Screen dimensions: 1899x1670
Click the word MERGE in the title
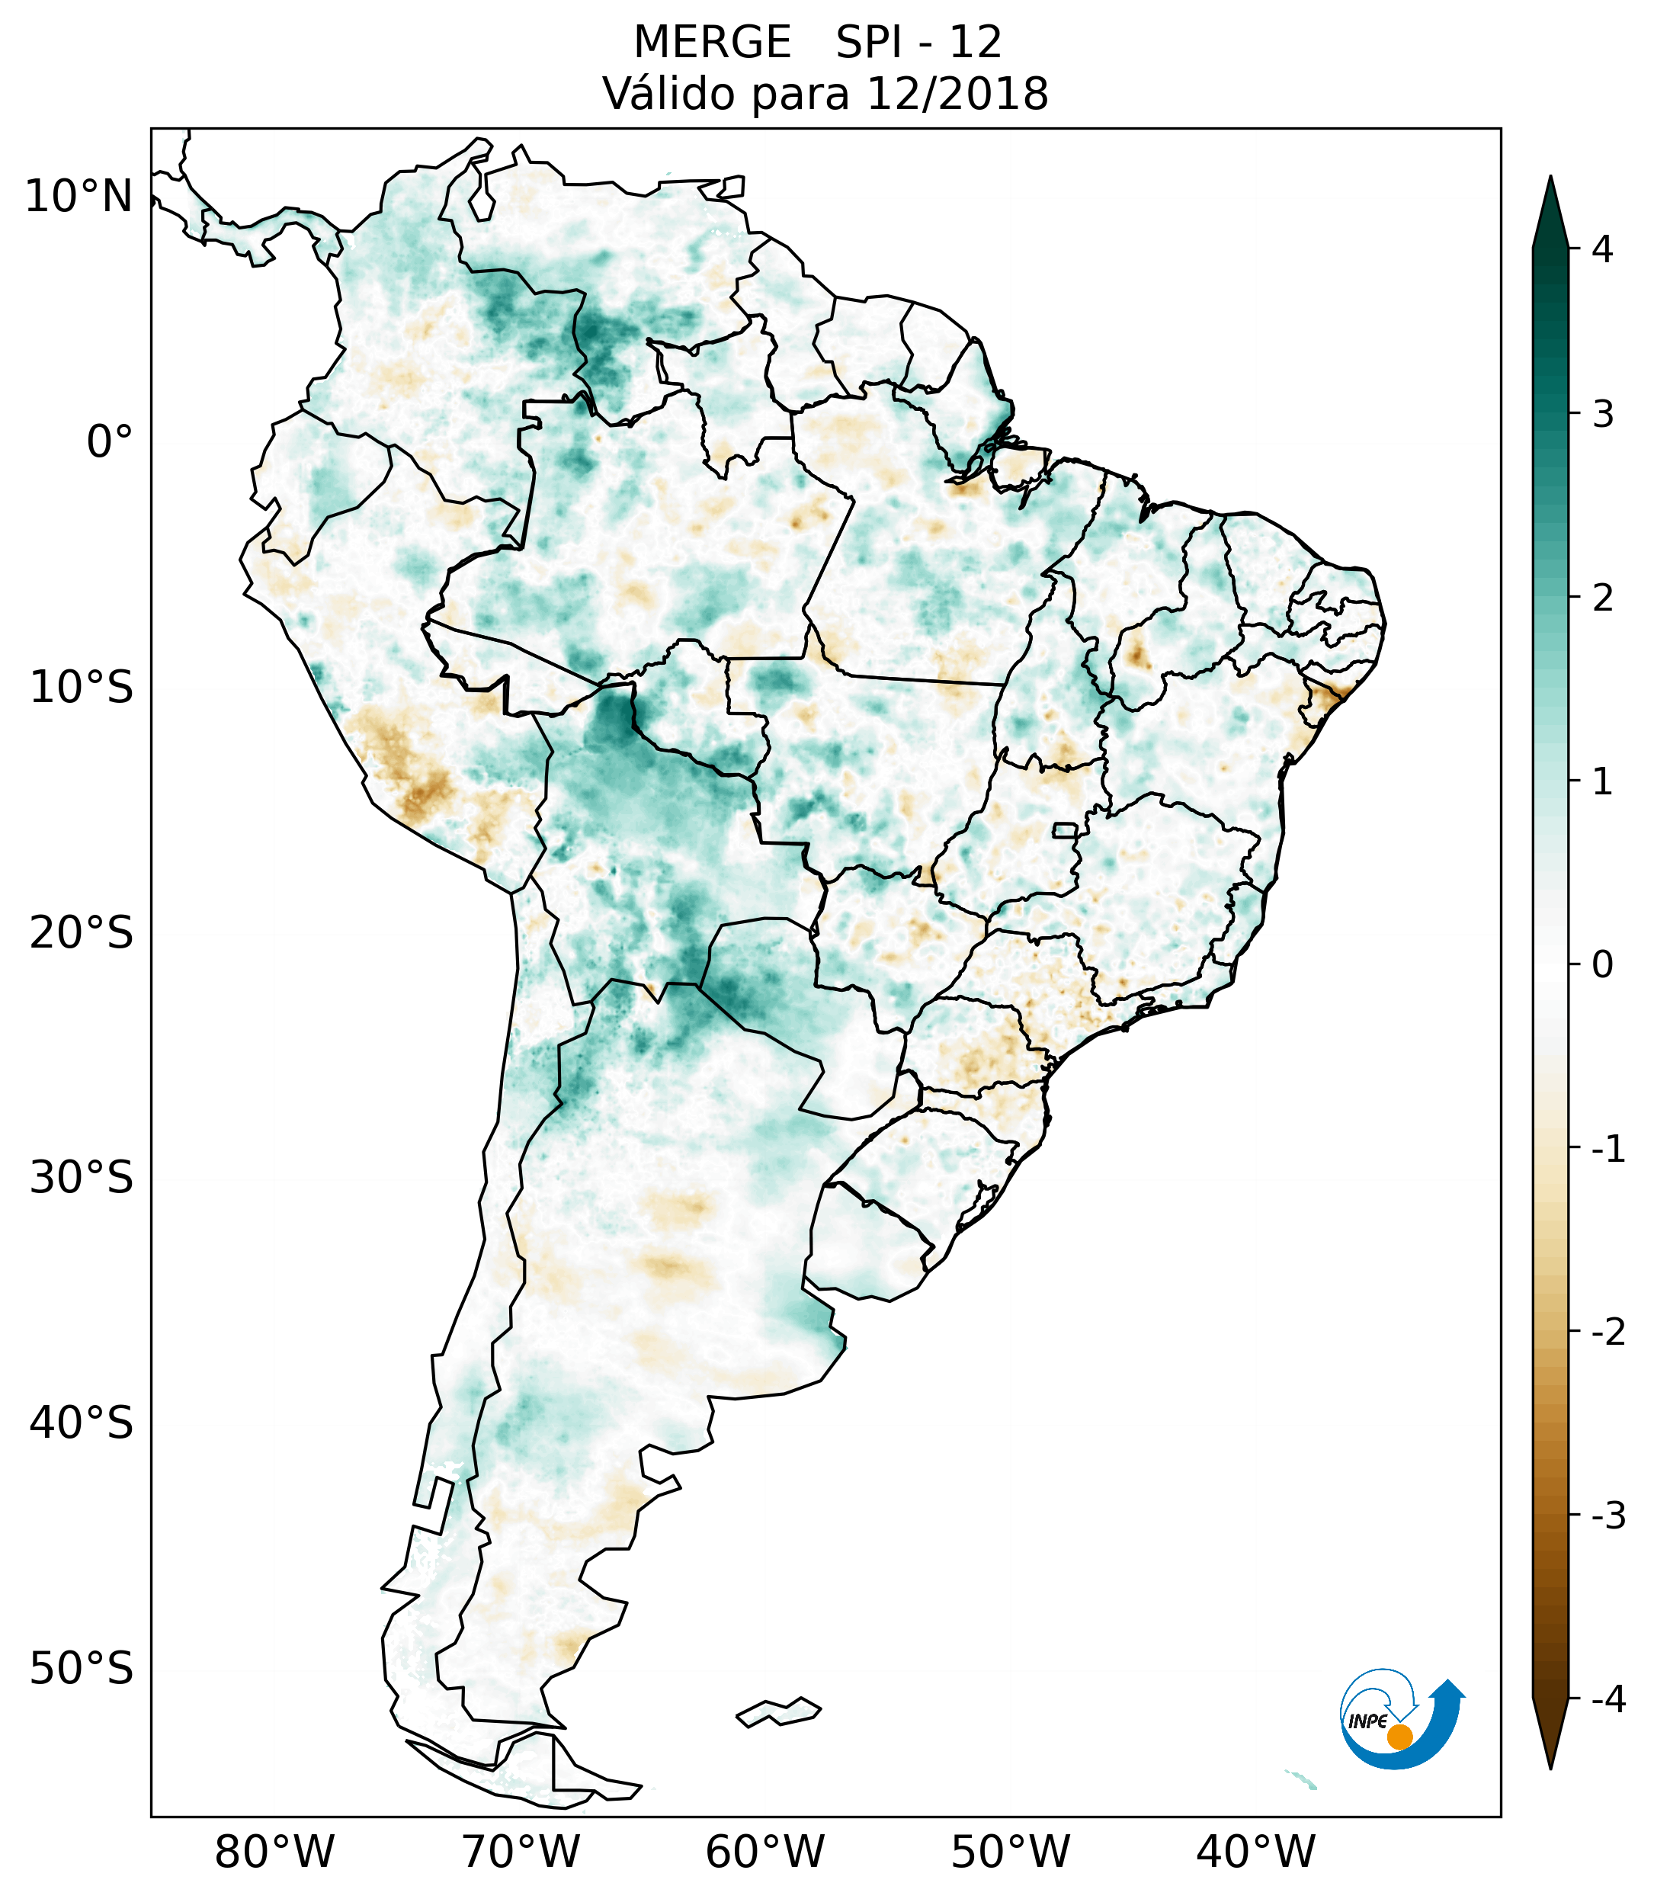(713, 43)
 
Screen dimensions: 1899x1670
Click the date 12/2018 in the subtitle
(957, 94)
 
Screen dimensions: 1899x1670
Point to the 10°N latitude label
(79, 197)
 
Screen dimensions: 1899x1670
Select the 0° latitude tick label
(110, 442)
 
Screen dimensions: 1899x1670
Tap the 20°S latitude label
(82, 933)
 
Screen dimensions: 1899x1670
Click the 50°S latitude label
(82, 1670)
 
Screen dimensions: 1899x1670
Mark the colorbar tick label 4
(1602, 249)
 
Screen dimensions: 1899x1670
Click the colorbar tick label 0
(1602, 965)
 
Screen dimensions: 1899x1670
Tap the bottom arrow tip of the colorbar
(1550, 1768)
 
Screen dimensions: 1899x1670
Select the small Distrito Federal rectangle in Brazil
(1064, 829)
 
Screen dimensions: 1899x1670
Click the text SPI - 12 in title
(918, 43)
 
